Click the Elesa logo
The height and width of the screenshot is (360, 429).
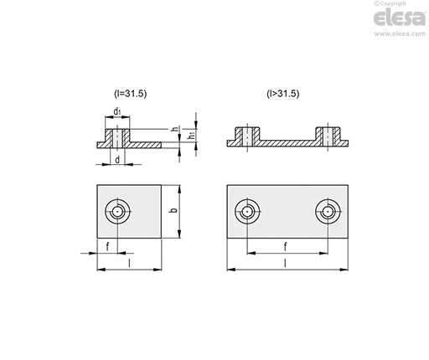400,18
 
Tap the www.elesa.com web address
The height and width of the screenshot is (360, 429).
400,33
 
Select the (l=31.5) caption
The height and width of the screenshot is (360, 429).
130,94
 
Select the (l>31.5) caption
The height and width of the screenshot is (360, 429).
283,94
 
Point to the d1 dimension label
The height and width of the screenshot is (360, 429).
117,111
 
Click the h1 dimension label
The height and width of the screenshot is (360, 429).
192,136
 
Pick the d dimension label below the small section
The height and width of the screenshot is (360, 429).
117,160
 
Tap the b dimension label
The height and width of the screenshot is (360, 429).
174,210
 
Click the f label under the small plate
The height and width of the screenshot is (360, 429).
107,246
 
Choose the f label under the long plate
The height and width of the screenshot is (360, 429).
285,246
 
